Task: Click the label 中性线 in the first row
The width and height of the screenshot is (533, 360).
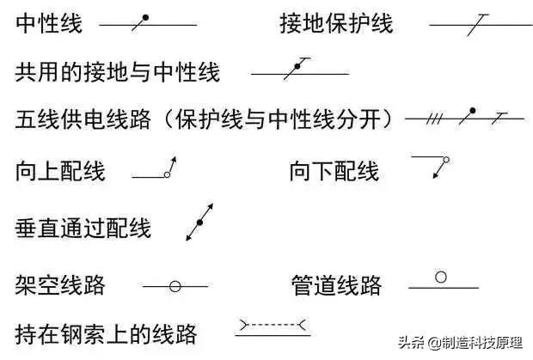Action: click(x=49, y=23)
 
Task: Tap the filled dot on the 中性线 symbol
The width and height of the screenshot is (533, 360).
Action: click(x=145, y=17)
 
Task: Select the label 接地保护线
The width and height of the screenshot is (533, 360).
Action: click(x=336, y=23)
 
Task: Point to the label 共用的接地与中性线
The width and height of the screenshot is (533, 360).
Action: click(x=118, y=72)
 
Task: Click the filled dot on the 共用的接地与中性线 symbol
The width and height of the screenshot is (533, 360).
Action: click(x=297, y=66)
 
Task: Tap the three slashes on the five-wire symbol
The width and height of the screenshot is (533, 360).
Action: click(x=434, y=119)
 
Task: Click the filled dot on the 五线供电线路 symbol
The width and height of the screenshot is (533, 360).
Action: click(x=472, y=110)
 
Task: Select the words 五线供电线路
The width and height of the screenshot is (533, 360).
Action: click(x=83, y=119)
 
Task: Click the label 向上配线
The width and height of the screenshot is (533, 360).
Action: click(x=60, y=171)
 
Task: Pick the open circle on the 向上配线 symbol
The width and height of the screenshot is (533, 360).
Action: click(x=167, y=174)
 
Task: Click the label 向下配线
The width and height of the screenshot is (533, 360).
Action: click(x=334, y=171)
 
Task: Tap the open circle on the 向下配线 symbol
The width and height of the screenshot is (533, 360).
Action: click(x=446, y=160)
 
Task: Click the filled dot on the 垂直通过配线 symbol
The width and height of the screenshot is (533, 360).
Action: click(x=199, y=223)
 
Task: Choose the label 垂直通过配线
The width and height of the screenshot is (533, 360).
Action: click(x=83, y=228)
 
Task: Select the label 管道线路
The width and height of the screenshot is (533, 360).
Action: click(x=336, y=284)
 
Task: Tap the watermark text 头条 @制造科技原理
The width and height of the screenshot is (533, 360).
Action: click(x=460, y=342)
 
